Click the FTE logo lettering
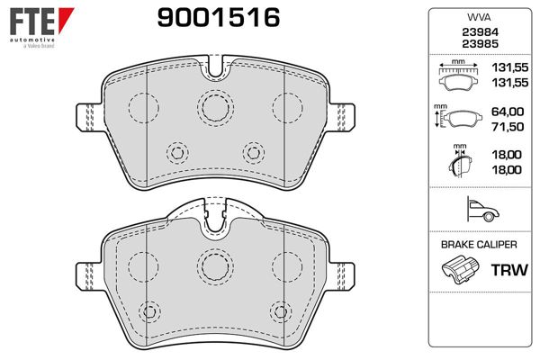(x=32, y=22)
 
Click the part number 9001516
(x=219, y=18)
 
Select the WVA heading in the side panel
(x=479, y=17)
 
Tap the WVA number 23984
(x=480, y=32)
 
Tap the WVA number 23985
(x=480, y=44)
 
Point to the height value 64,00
(x=508, y=112)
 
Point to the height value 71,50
(x=508, y=127)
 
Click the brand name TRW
(x=509, y=270)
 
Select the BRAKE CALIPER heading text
(x=479, y=245)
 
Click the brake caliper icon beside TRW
(x=460, y=270)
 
